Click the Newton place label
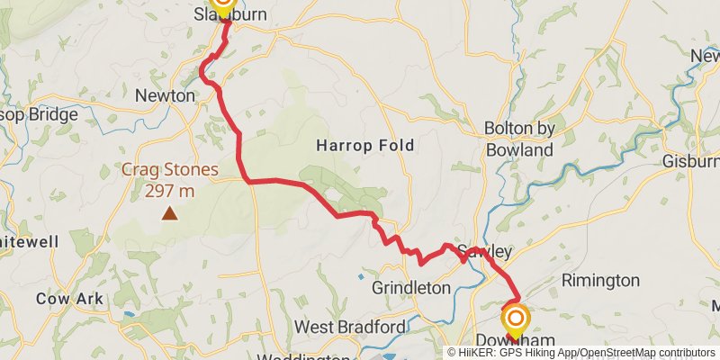165,95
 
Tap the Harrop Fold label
364,145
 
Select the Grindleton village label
410,289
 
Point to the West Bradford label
351,327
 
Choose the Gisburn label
690,162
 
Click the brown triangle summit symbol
169,213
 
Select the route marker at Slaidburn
221,4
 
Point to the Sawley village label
484,250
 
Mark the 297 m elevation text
171,190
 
